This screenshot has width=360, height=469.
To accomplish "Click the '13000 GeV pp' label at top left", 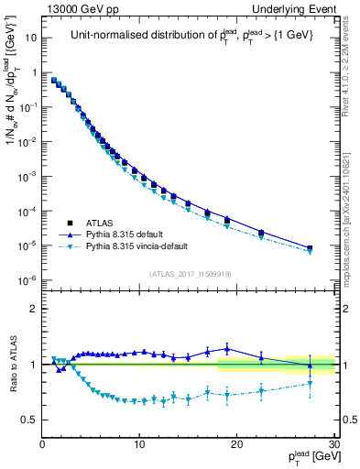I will tap(82, 9).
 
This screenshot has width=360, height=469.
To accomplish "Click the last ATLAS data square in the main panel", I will tap(310, 248).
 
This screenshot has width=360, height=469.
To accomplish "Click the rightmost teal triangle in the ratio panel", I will tap(310, 383).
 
